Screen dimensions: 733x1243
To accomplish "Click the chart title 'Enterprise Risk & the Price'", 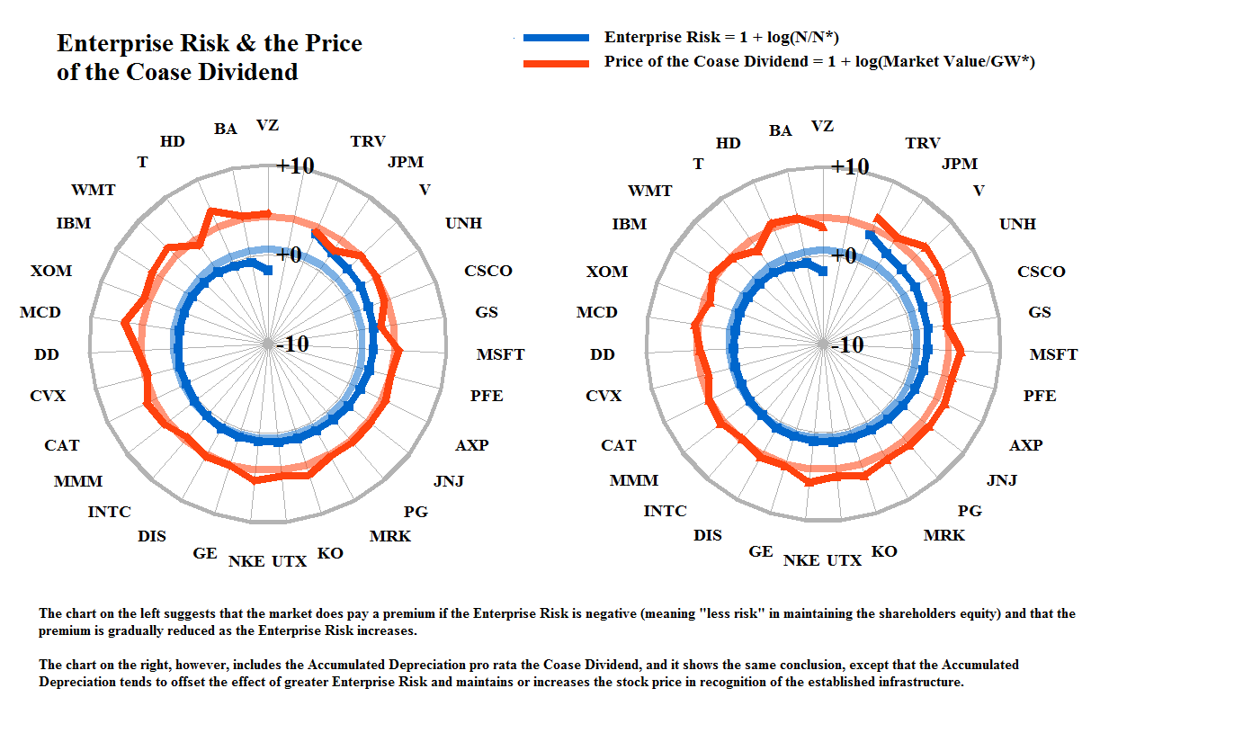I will pyautogui.click(x=210, y=44).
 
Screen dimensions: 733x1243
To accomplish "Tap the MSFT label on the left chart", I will pyautogui.click(x=500, y=355).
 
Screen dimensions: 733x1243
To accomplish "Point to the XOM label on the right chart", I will pyautogui.click(x=606, y=272).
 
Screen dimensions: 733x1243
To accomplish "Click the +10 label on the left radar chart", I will pyautogui.click(x=294, y=166).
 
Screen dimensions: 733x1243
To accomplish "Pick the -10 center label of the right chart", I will pyautogui.click(x=846, y=344).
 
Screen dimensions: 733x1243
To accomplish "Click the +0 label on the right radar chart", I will pyautogui.click(x=843, y=256).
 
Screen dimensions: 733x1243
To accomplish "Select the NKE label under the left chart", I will pyautogui.click(x=246, y=561).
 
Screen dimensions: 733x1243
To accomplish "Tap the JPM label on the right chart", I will pyautogui.click(x=959, y=164).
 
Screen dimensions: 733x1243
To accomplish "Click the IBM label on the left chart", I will pyautogui.click(x=73, y=223).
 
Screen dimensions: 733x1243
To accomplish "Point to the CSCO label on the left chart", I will pyautogui.click(x=487, y=271).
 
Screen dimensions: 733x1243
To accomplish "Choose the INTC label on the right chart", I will pyautogui.click(x=665, y=512).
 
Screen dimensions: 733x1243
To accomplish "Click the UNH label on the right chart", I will pyautogui.click(x=1017, y=224).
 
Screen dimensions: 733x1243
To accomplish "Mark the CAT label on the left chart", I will pyautogui.click(x=61, y=445).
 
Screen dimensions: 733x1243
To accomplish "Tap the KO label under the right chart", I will pyautogui.click(x=884, y=551).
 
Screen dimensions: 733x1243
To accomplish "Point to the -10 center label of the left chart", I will pyautogui.click(x=291, y=344).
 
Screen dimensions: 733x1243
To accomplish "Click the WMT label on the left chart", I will pyautogui.click(x=93, y=191).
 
